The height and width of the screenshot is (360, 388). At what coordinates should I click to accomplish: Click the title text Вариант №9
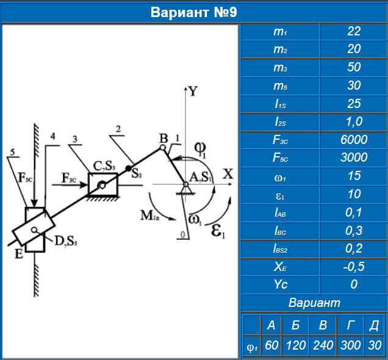(193, 12)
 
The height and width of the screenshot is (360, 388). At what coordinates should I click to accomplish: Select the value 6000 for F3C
(354, 140)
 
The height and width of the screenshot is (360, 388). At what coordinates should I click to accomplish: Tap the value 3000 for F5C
(354, 158)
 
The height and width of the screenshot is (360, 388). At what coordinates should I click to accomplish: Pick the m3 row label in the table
(280, 67)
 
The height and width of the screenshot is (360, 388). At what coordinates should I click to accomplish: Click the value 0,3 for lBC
(354, 231)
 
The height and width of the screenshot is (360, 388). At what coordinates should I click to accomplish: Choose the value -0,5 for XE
(354, 267)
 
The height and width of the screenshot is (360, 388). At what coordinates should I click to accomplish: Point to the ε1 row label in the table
(280, 195)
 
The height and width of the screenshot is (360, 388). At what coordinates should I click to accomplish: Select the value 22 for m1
(354, 31)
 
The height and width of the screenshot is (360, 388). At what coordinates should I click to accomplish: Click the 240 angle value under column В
(323, 345)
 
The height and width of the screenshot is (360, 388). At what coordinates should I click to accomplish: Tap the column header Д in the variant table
(373, 325)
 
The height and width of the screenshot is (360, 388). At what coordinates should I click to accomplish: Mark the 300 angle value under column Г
(350, 345)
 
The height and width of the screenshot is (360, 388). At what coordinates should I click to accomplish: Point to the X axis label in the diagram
(228, 173)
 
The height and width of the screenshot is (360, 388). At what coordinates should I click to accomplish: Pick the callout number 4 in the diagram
(54, 136)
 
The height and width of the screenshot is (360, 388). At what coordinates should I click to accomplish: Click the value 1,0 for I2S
(354, 122)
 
